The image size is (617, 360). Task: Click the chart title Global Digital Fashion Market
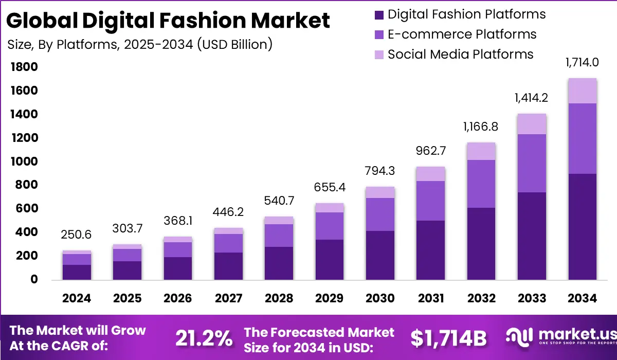168,20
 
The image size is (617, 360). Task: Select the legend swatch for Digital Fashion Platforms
379,14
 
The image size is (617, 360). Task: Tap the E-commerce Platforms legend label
462,34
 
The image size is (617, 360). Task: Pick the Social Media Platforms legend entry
460,54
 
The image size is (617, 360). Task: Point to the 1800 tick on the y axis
24,67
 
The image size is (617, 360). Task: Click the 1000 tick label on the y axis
24,161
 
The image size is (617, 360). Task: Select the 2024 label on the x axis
77,299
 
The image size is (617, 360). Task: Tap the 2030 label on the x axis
380,299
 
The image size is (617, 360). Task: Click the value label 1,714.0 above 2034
583,63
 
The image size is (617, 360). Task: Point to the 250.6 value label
77,235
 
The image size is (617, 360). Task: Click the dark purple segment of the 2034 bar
583,226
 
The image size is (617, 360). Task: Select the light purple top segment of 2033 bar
532,124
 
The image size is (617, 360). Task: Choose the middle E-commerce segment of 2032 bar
481,184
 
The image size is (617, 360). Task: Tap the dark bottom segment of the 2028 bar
279,263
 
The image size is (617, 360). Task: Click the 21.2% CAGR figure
204,338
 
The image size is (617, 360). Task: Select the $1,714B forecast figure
448,338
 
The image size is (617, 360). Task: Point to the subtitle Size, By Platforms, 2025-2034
139,44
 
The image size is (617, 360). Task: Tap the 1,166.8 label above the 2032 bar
481,127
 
